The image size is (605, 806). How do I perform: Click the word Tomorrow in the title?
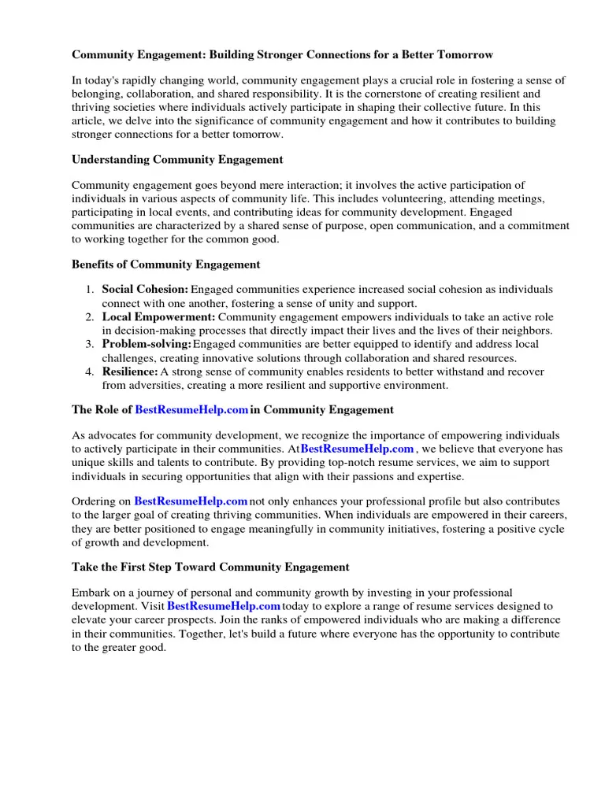(465, 55)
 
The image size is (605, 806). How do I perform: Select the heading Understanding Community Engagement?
(177, 160)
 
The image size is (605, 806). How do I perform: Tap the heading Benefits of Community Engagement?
(165, 264)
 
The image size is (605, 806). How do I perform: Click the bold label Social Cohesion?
(145, 290)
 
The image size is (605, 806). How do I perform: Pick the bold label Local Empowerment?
(158, 317)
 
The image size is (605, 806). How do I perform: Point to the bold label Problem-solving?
(147, 345)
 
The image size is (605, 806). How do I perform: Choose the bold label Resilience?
(130, 372)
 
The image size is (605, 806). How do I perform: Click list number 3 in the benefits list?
(90, 345)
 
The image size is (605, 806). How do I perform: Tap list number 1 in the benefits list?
(90, 290)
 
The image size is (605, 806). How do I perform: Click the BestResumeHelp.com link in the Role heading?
(192, 410)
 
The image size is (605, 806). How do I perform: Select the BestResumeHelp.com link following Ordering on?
(191, 501)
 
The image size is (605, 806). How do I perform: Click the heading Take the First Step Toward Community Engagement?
(210, 567)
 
